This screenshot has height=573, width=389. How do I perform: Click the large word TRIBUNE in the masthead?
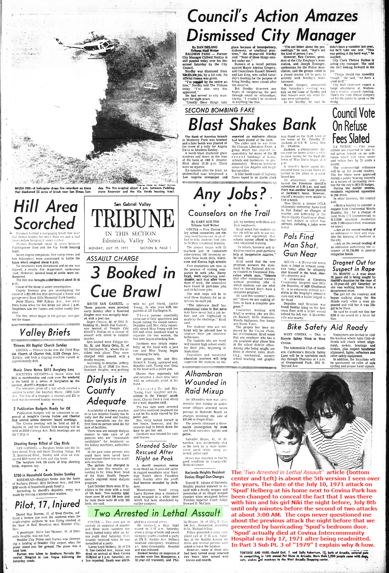[x=132, y=218]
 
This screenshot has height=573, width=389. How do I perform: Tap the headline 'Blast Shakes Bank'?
[x=252, y=124]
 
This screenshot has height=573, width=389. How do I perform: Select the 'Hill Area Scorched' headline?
[x=46, y=215]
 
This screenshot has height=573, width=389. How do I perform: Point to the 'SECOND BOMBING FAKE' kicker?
[x=220, y=110]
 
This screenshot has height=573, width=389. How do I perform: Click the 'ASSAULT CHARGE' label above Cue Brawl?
[x=112, y=258]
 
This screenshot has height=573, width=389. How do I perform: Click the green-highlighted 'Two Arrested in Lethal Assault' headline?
[x=157, y=513]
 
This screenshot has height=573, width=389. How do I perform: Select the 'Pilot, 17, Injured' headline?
[x=47, y=504]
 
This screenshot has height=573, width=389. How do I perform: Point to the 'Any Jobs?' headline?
[x=230, y=194]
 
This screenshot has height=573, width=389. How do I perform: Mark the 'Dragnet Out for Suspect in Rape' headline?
[x=354, y=266]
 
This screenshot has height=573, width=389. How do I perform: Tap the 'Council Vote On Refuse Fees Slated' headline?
[x=353, y=126]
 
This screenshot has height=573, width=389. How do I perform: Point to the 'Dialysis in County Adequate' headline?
[x=106, y=390]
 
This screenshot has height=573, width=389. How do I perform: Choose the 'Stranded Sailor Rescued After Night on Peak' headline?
[x=157, y=452]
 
